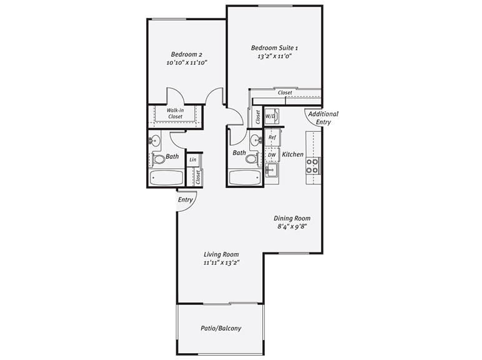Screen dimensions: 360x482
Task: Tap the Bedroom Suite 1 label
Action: pos(275,47)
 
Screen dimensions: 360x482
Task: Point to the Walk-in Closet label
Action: pos(175,113)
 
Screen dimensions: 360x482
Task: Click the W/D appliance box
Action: pos(271,116)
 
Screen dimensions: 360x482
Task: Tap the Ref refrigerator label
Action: pos(272,137)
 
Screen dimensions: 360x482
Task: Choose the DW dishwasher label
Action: pos(272,154)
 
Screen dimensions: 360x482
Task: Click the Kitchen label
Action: pos(293,154)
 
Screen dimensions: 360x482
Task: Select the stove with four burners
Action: pos(312,165)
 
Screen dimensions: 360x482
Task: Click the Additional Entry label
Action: pos(323,118)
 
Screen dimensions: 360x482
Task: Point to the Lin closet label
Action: pos(193,159)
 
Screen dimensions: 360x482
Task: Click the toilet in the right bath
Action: pos(252,159)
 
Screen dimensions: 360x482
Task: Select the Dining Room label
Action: pos(293,218)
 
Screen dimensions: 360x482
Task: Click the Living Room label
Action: pos(222,254)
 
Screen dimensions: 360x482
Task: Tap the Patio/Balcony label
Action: pos(221,328)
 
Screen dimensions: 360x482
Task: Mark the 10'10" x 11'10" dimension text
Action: pos(187,62)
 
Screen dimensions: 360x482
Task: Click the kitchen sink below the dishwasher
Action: pos(272,169)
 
